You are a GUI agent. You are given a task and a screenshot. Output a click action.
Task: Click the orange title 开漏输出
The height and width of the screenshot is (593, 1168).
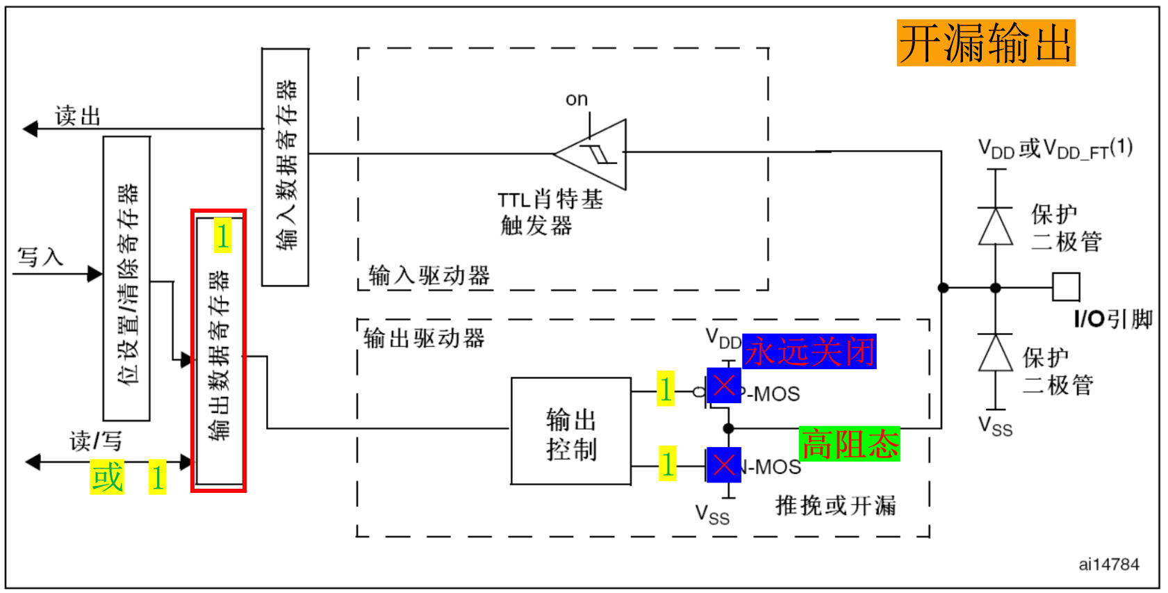pyautogui.click(x=985, y=43)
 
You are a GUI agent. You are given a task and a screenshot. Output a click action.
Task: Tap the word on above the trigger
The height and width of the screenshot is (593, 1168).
pyautogui.click(x=577, y=99)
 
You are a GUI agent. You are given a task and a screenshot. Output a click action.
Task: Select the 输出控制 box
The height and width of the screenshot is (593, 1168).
pyautogui.click(x=571, y=432)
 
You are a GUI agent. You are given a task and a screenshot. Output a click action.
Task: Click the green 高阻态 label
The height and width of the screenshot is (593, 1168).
pyautogui.click(x=849, y=444)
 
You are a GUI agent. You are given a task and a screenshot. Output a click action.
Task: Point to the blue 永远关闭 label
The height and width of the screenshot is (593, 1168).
pyautogui.click(x=809, y=352)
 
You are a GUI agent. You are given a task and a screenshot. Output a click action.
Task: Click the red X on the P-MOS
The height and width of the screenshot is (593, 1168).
pyautogui.click(x=724, y=385)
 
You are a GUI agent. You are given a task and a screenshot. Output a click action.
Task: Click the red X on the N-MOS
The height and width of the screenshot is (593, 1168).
pyautogui.click(x=724, y=465)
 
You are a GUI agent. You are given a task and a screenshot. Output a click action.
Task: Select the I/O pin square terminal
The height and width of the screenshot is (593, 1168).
pyautogui.click(x=1066, y=287)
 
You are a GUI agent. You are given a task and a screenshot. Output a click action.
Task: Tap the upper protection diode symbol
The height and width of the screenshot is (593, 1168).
pyautogui.click(x=996, y=226)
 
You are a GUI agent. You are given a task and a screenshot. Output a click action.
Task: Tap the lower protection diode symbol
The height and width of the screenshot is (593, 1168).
pyautogui.click(x=996, y=353)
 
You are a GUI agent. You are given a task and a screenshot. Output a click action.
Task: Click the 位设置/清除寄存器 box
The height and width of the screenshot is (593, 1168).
pyautogui.click(x=126, y=278)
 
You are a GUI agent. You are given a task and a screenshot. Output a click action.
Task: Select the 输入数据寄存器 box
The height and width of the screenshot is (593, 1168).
pyautogui.click(x=285, y=167)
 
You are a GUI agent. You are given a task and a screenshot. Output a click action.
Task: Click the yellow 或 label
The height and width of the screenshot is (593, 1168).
pyautogui.click(x=107, y=478)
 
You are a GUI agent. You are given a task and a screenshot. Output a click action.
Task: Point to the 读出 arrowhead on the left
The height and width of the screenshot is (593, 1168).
pyautogui.click(x=30, y=129)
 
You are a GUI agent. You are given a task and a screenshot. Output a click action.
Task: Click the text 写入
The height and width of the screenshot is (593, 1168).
pyautogui.click(x=40, y=257)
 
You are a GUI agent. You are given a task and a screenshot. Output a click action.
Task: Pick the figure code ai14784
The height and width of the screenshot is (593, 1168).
pyautogui.click(x=1108, y=564)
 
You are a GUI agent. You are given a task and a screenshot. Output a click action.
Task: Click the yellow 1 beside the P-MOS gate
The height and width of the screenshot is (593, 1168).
pyautogui.click(x=666, y=389)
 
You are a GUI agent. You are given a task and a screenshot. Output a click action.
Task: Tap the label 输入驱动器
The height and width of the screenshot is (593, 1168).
pyautogui.click(x=429, y=276)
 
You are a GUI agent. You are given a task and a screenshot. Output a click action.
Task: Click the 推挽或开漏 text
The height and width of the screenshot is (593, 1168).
pyautogui.click(x=835, y=505)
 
